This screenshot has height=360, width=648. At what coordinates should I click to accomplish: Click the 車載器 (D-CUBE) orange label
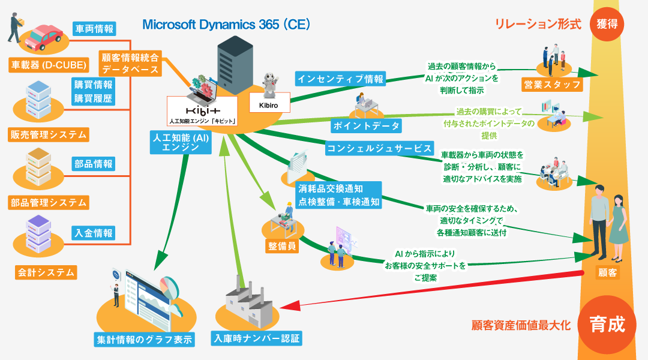click(x=49, y=64)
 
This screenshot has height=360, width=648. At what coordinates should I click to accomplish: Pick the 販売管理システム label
click(x=49, y=135)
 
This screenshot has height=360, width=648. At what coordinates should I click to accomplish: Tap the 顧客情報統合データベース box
click(x=130, y=64)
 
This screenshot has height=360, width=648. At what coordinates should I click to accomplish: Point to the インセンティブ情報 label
click(x=340, y=79)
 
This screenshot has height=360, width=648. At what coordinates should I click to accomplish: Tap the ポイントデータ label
click(x=365, y=125)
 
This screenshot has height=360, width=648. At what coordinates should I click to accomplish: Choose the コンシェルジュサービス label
click(x=379, y=148)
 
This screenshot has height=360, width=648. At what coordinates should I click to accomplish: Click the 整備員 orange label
click(x=282, y=246)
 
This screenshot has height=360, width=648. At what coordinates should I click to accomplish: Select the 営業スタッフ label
click(x=552, y=85)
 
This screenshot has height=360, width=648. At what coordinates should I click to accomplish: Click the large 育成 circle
click(x=607, y=325)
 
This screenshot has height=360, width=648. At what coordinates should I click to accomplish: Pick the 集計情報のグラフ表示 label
click(x=145, y=339)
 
